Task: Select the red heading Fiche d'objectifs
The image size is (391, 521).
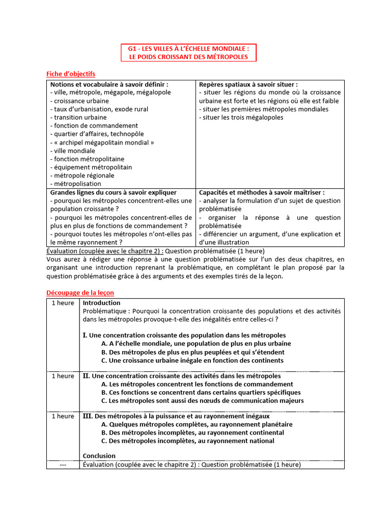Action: [x=71, y=74]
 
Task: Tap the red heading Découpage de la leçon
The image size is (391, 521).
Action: [x=80, y=293]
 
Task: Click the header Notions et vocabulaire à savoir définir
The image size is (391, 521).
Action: [x=109, y=84]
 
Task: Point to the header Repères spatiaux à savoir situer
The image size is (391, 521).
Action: [x=248, y=84]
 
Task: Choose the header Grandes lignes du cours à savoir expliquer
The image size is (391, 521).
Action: [x=113, y=192]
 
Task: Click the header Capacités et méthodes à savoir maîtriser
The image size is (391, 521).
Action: [x=262, y=192]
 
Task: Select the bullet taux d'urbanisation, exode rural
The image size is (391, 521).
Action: [x=99, y=109]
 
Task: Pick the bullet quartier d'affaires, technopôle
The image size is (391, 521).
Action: [x=97, y=134]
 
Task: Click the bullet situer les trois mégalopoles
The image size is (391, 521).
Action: [x=241, y=118]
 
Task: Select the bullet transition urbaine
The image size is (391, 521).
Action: [x=78, y=118]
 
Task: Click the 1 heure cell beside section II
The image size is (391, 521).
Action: [x=63, y=376]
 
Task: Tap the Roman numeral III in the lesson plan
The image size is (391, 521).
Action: [x=86, y=416]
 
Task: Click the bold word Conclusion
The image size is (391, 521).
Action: [x=99, y=455]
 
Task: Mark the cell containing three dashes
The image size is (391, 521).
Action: [x=63, y=465]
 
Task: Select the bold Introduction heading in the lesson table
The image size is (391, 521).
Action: [x=101, y=303]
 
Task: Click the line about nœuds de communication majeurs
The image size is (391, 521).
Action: [x=202, y=400]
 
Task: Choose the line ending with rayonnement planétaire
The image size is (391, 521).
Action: [x=197, y=424]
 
